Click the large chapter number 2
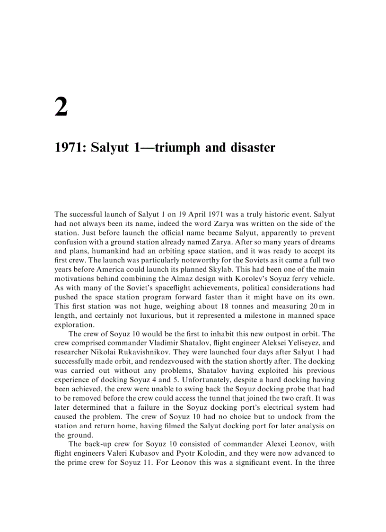click(x=61, y=107)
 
